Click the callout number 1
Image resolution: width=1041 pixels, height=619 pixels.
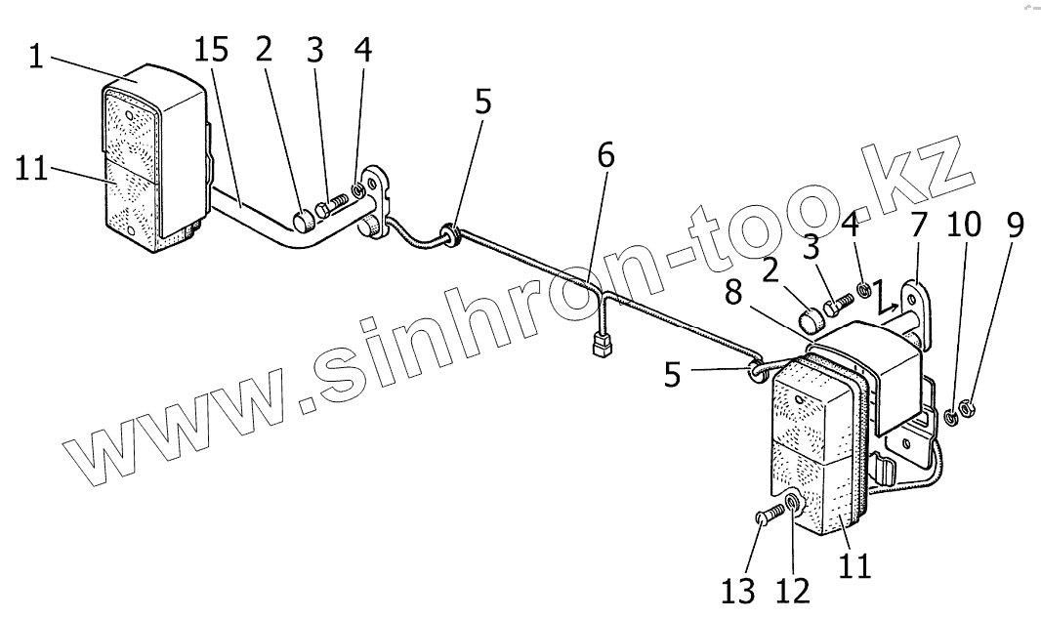(36, 58)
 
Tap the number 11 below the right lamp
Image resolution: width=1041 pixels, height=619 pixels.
(855, 565)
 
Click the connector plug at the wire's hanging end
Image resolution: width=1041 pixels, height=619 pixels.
(602, 344)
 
